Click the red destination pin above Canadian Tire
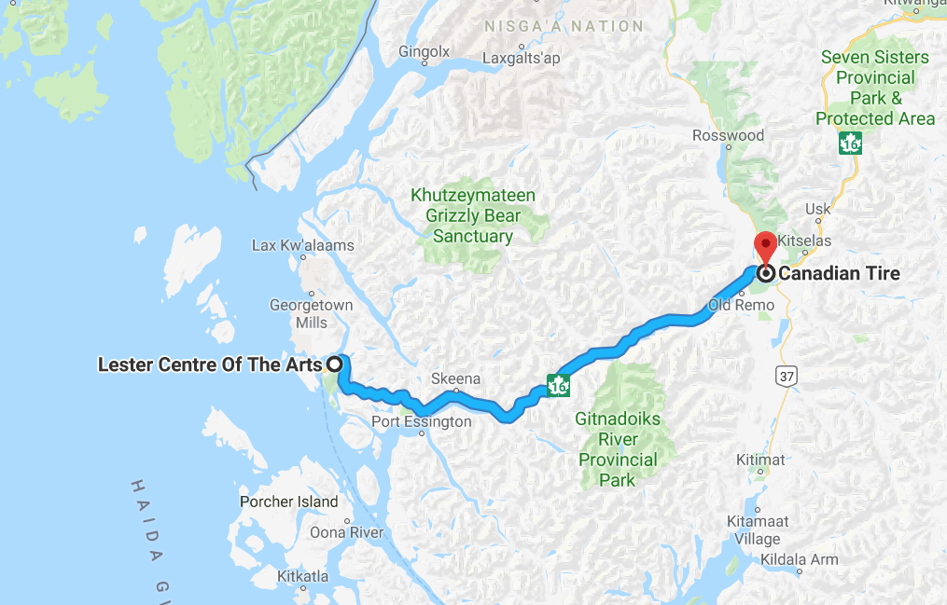(x=765, y=246)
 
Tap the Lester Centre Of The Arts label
(x=210, y=364)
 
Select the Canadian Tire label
(x=840, y=273)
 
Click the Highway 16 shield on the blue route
(x=558, y=384)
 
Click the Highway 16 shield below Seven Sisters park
(x=850, y=144)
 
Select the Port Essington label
(x=421, y=421)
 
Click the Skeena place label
(x=456, y=379)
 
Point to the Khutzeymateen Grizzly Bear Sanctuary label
(x=473, y=216)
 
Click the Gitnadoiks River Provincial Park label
(x=618, y=449)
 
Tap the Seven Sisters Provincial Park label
(x=874, y=88)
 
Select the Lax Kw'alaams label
(x=303, y=246)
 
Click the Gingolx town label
(x=424, y=51)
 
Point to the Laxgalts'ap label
(x=522, y=59)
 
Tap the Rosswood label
(x=728, y=136)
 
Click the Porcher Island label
(x=289, y=502)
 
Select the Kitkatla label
(x=302, y=577)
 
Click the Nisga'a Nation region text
(x=564, y=26)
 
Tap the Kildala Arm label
(x=799, y=560)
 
